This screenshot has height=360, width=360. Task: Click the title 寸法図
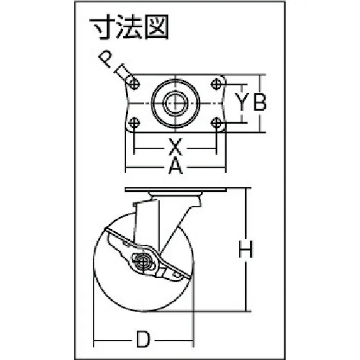129,27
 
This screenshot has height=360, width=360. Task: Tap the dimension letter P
105,59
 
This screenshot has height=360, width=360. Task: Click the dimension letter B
260,102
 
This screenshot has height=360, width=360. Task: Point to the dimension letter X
175,146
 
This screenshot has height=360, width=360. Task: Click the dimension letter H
246,249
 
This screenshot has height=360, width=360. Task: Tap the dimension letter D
143,339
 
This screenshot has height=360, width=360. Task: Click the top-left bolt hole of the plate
134,84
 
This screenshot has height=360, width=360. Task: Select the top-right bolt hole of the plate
216,84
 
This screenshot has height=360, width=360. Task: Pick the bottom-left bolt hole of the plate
134,122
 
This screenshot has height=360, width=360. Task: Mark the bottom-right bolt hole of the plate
216,122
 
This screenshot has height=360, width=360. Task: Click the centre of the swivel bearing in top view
175,103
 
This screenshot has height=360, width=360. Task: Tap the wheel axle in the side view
143,261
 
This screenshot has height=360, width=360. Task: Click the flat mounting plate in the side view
176,190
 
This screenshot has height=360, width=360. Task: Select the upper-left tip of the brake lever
106,228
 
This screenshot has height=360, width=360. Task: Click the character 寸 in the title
101,27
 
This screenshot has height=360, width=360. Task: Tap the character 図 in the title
157,27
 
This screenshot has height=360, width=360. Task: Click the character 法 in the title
129,27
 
